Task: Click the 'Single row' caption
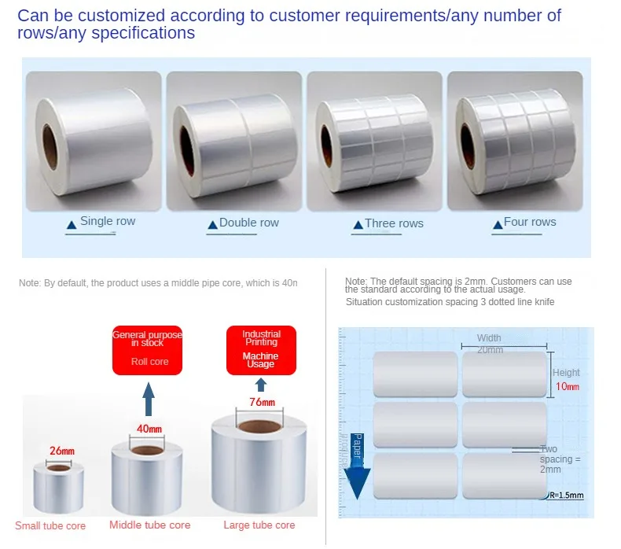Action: [x=108, y=221]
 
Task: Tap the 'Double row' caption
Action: [x=248, y=223]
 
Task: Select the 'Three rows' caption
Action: [x=394, y=223]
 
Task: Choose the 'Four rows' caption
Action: [x=529, y=222]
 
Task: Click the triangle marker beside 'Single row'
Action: [x=71, y=225]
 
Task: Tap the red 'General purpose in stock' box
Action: [x=147, y=348]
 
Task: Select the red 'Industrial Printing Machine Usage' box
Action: [x=261, y=349]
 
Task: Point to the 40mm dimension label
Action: [x=149, y=429]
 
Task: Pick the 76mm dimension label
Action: [x=263, y=402]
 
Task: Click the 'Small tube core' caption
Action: [x=50, y=525]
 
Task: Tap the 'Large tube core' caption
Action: [x=259, y=525]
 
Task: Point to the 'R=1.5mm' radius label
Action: [x=565, y=496]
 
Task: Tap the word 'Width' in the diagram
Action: [x=489, y=338]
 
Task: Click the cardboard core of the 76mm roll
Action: [x=262, y=427]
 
